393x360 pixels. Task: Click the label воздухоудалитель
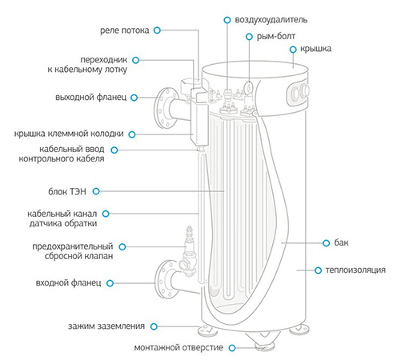coord(271,20)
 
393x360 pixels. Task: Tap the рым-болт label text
coord(276,36)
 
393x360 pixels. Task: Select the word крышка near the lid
coord(315,49)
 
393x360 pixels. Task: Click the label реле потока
coord(124,30)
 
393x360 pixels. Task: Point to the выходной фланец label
coord(91,97)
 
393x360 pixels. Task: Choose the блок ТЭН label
coord(67,191)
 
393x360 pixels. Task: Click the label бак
coord(341,242)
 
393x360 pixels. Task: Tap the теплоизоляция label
coord(355,270)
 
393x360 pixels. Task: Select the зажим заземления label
coord(106,326)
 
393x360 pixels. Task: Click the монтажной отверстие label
coord(178,347)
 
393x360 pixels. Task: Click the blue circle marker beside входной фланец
coord(110,283)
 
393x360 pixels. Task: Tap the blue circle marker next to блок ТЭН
coord(96,191)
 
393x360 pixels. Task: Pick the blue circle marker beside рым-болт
coord(249,37)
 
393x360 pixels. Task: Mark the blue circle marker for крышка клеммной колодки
coord(132,134)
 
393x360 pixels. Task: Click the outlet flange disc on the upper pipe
coord(166,108)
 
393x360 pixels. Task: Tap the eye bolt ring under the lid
coord(249,86)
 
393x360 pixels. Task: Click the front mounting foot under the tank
coord(265,346)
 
